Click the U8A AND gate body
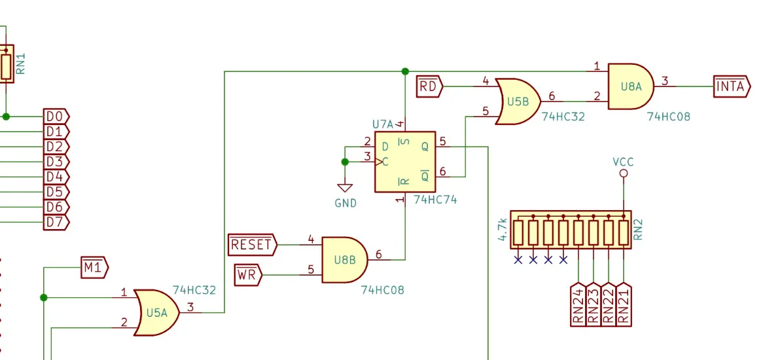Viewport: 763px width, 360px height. click(x=631, y=86)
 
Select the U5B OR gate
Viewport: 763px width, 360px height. click(x=518, y=101)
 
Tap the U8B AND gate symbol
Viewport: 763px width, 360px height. click(x=344, y=260)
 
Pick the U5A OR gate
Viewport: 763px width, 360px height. click(x=156, y=313)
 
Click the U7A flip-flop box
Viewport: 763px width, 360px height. click(x=405, y=162)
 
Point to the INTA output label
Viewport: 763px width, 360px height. click(x=732, y=86)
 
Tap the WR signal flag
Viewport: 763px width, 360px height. click(x=248, y=276)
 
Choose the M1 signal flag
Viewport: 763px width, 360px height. click(x=94, y=268)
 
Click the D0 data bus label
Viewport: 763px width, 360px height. click(x=56, y=117)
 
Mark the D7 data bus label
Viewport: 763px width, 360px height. click(x=56, y=223)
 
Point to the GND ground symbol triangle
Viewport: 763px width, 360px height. click(x=345, y=188)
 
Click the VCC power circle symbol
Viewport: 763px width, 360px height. click(x=624, y=173)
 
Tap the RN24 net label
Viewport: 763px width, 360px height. click(x=578, y=304)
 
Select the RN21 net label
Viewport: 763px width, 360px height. click(x=624, y=304)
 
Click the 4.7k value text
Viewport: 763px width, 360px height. click(x=503, y=230)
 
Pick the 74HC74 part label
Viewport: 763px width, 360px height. click(x=436, y=200)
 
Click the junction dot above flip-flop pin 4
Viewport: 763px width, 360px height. click(x=405, y=71)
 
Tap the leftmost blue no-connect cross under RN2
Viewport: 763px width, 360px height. click(x=518, y=261)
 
